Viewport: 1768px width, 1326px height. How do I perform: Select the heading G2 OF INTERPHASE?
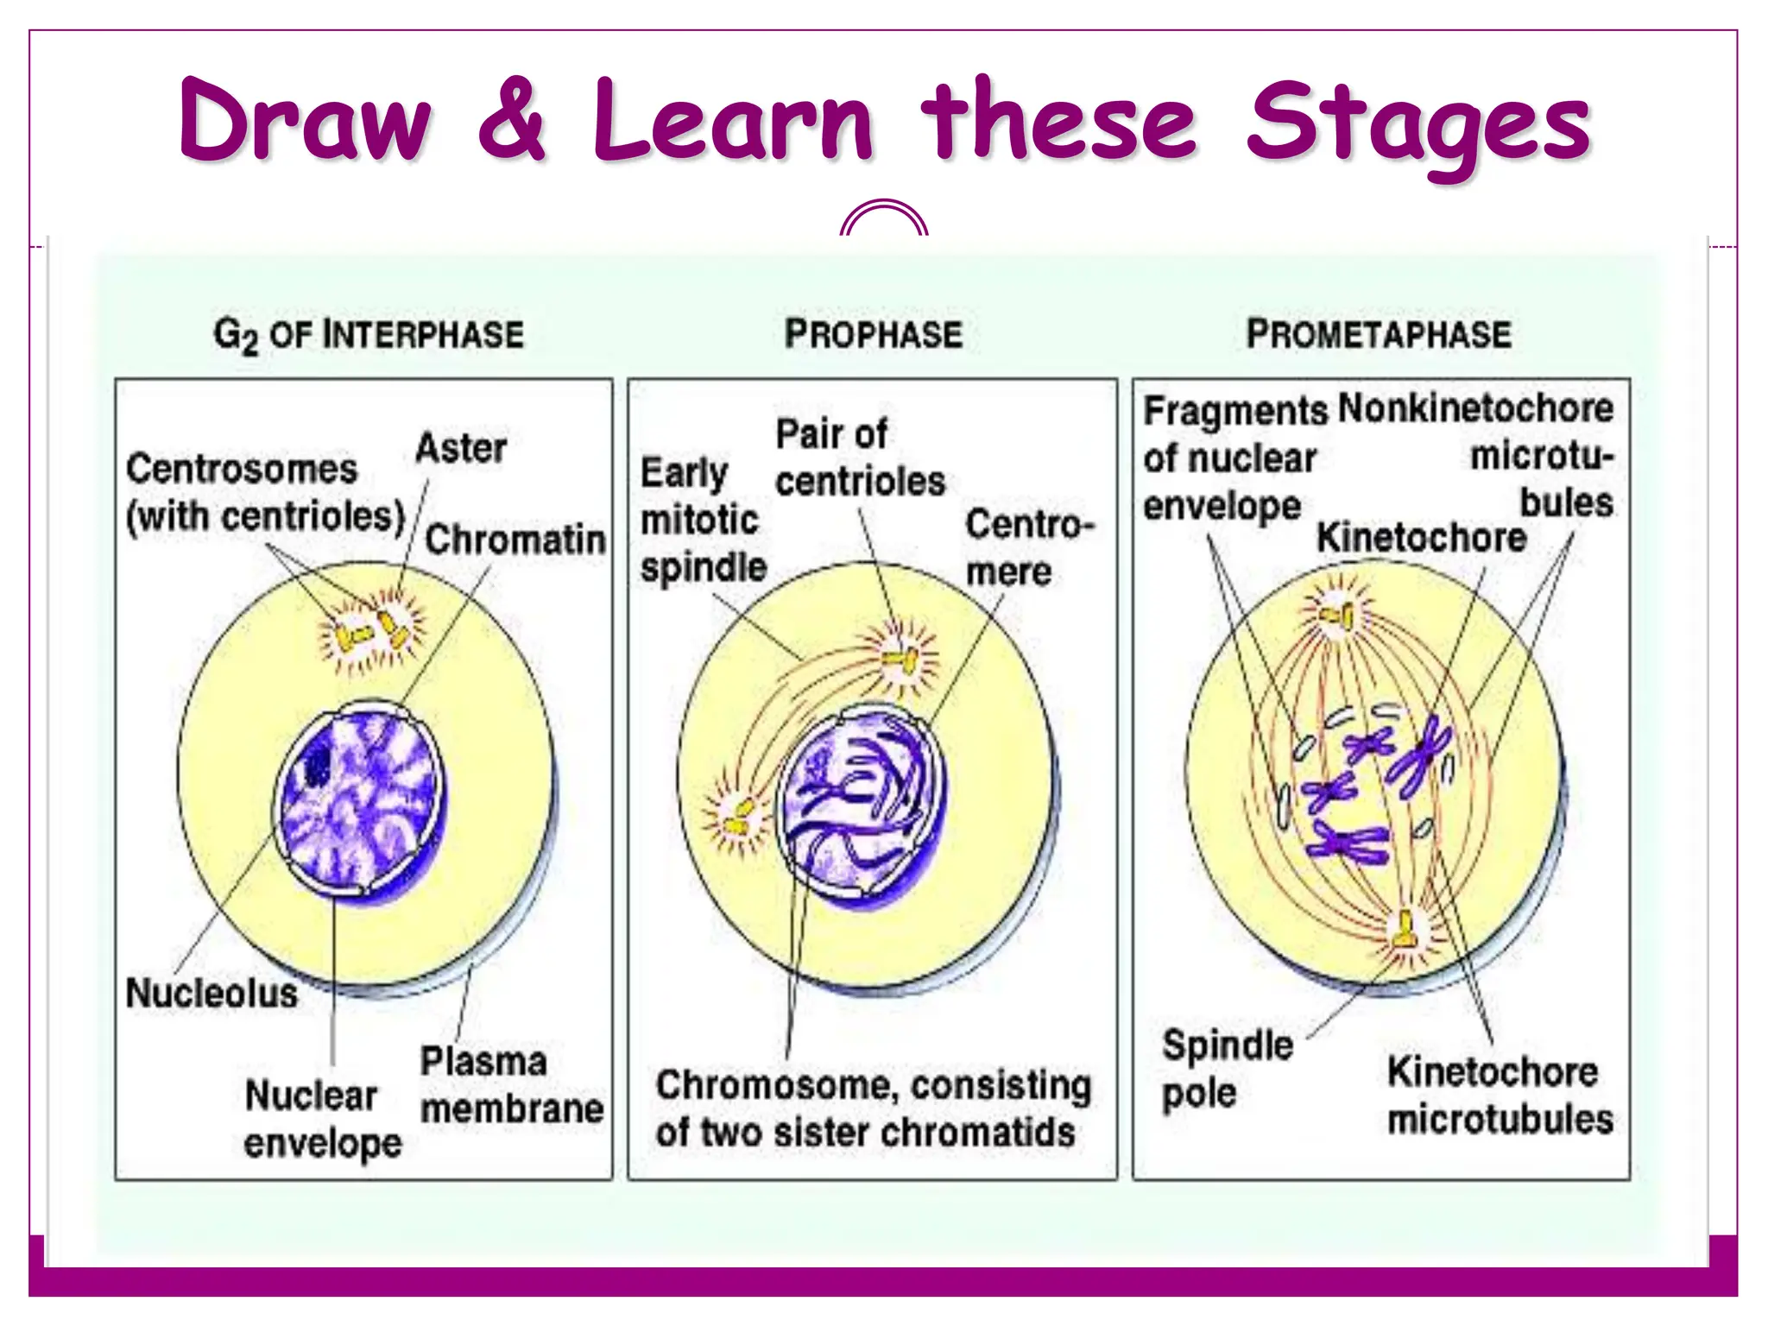pos(369,335)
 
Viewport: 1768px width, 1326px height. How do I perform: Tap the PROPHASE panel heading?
pos(873,335)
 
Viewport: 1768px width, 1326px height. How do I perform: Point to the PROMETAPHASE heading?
pos(1379,335)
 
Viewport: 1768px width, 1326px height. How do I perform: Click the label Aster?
pos(461,449)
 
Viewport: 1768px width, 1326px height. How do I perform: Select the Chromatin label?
pos(515,540)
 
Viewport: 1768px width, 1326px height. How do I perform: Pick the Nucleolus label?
pos(212,994)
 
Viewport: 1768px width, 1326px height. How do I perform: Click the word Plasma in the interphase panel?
pos(483,1062)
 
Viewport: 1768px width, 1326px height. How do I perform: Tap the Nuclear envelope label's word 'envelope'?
pos(323,1144)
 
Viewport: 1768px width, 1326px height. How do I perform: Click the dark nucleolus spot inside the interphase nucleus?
pos(318,763)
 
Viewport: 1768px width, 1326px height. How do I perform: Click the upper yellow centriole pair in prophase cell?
pos(900,660)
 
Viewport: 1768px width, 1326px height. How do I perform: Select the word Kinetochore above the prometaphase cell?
pos(1421,539)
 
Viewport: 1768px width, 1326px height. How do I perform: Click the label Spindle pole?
pos(1226,1069)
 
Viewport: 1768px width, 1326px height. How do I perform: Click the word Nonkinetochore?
pos(1475,408)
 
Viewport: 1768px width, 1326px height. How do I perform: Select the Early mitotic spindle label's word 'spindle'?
pos(704,568)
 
